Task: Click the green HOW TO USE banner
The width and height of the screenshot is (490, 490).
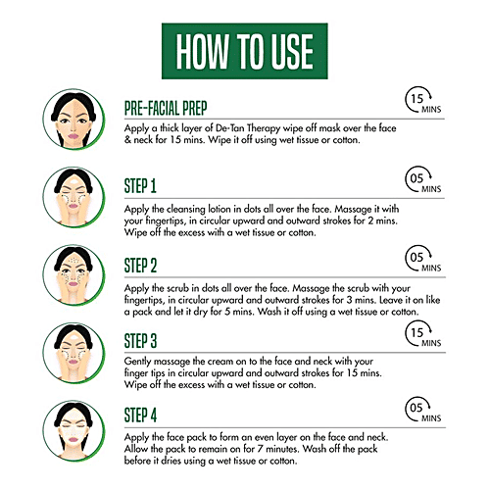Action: (x=245, y=51)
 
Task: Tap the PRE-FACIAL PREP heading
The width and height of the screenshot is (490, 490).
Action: (x=166, y=108)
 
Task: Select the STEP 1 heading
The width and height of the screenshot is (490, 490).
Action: (x=140, y=186)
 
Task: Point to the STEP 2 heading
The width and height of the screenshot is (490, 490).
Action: (x=140, y=266)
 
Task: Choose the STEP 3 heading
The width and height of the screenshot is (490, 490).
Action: (x=140, y=341)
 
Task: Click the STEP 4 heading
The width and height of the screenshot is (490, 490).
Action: (x=140, y=416)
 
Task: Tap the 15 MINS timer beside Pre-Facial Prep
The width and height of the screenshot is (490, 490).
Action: (x=423, y=100)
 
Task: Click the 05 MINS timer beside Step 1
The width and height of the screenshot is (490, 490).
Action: (x=423, y=179)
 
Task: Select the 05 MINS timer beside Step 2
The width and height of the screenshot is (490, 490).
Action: (x=423, y=259)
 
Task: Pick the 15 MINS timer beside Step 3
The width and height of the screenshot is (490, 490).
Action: (x=423, y=333)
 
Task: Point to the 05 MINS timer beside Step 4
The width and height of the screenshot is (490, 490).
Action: (x=423, y=409)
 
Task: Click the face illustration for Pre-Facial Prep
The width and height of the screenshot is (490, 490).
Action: (x=73, y=120)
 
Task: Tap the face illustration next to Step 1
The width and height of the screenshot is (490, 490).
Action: (x=73, y=198)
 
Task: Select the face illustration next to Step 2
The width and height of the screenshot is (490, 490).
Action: (x=73, y=275)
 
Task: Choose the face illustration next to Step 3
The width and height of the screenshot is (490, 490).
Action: (x=73, y=353)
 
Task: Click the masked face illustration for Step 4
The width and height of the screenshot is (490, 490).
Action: (x=73, y=431)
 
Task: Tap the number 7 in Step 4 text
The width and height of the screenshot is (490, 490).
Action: (x=260, y=449)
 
